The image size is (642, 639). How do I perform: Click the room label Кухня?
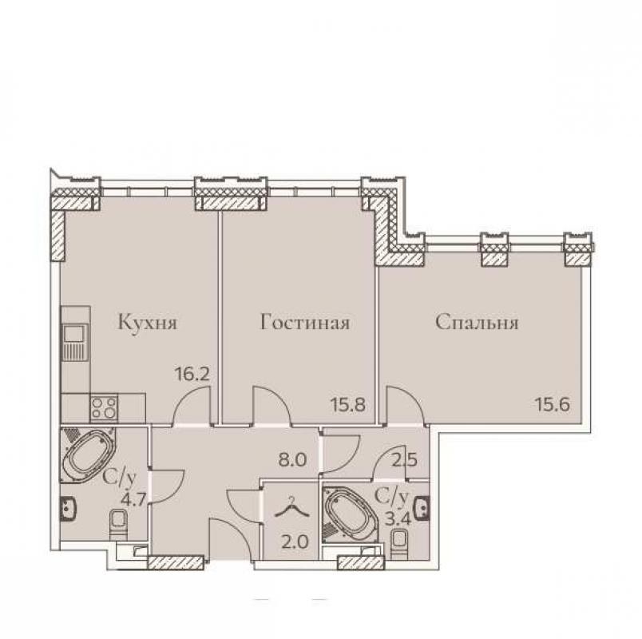[148, 323]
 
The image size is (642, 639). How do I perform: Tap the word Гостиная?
[305, 323]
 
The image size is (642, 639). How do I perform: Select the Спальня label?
[477, 323]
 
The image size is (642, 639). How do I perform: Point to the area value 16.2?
[192, 374]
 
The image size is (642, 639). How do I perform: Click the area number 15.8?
[347, 405]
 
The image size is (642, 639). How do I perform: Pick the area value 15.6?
[553, 405]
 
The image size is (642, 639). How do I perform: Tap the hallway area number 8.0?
[292, 459]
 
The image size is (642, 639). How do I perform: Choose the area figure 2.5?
[404, 459]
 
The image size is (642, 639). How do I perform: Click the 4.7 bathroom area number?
[133, 501]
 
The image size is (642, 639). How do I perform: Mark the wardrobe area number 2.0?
[295, 542]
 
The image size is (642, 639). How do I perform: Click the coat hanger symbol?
[291, 506]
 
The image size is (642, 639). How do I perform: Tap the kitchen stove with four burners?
[104, 407]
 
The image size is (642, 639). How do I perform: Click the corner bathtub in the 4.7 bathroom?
[89, 454]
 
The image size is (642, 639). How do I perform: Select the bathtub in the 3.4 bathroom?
[347, 514]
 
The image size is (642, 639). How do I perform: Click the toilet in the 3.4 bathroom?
[399, 544]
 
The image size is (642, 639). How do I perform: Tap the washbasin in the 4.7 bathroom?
[68, 508]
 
